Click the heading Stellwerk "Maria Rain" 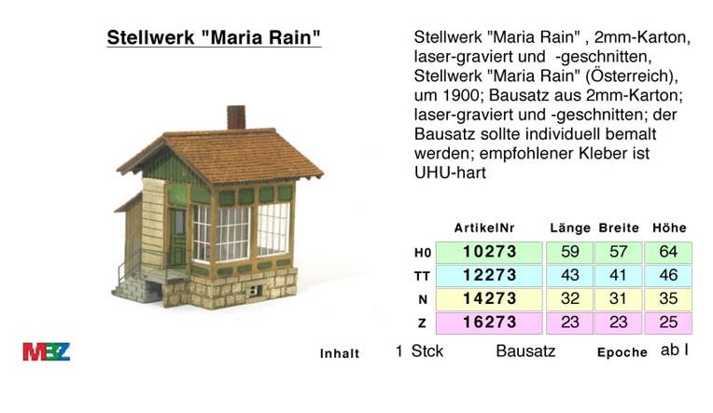tap(214, 37)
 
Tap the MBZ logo tap(47, 351)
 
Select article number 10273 tap(489, 252)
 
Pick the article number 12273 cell tap(489, 275)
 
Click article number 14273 tap(489, 299)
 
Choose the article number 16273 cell tap(489, 323)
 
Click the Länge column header tap(570, 228)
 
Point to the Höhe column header tap(669, 227)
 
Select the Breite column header tap(619, 228)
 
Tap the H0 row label tap(423, 253)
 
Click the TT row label tap(422, 276)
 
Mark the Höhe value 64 tap(668, 252)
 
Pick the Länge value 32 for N tap(570, 299)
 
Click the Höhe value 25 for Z tap(668, 323)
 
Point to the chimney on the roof tap(236, 117)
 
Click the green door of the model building tap(177, 237)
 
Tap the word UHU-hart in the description tap(450, 173)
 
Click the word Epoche tap(622, 352)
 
